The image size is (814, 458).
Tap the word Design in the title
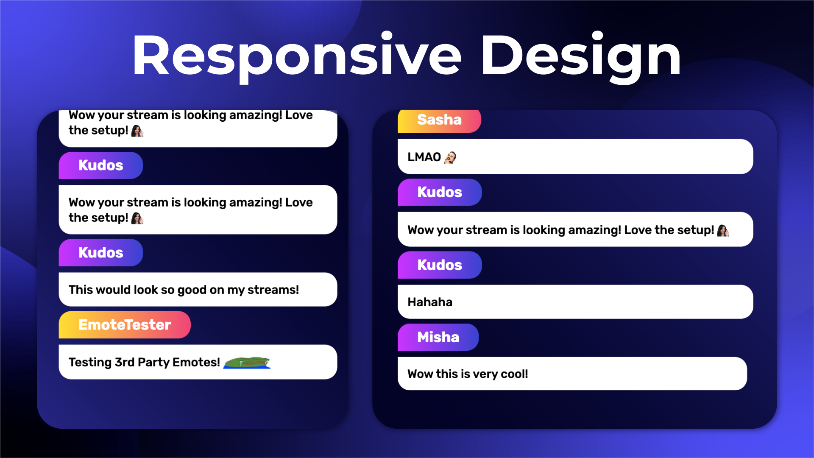[581, 57]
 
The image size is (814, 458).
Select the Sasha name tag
[439, 120]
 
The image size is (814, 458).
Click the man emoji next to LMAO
[450, 157]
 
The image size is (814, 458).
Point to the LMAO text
[424, 157]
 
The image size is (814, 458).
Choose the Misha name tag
[438, 337]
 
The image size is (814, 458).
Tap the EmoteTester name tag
[125, 325]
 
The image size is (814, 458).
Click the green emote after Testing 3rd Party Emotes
[247, 363]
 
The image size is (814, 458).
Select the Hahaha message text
[430, 302]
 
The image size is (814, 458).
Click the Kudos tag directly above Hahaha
[440, 265]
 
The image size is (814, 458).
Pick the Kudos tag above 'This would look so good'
[101, 253]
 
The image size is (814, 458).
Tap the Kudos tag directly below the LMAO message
[440, 192]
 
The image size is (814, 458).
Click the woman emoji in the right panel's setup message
[723, 230]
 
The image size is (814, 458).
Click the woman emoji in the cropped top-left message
[137, 131]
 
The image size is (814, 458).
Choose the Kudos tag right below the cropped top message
[101, 165]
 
